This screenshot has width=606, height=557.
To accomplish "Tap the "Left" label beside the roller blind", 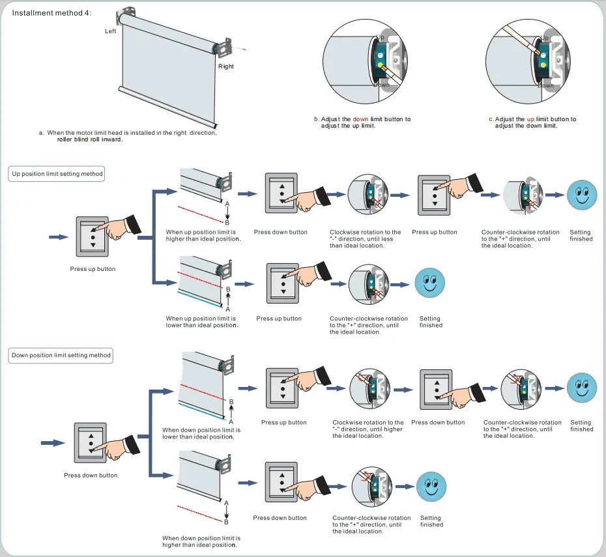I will click(110, 31).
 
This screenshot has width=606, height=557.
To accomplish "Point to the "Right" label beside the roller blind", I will click(225, 66).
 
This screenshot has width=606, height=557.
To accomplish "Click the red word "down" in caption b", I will click(360, 119).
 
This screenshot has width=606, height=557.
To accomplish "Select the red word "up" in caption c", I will click(530, 119).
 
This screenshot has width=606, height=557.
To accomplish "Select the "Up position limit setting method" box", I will click(57, 174).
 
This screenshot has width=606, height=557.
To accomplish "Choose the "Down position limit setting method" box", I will click(61, 356).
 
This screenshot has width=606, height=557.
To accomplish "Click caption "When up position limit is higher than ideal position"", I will click(203, 235).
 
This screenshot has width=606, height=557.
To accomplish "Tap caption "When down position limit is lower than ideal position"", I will click(201, 433).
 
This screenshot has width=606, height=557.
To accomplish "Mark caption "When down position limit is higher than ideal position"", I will click(201, 541).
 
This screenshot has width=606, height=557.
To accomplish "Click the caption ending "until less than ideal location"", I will click(365, 238).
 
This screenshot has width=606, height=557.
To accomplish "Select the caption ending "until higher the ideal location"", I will click(368, 429).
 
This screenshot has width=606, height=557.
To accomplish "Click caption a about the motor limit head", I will click(128, 136).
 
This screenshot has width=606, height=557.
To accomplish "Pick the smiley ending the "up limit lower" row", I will click(429, 282).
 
